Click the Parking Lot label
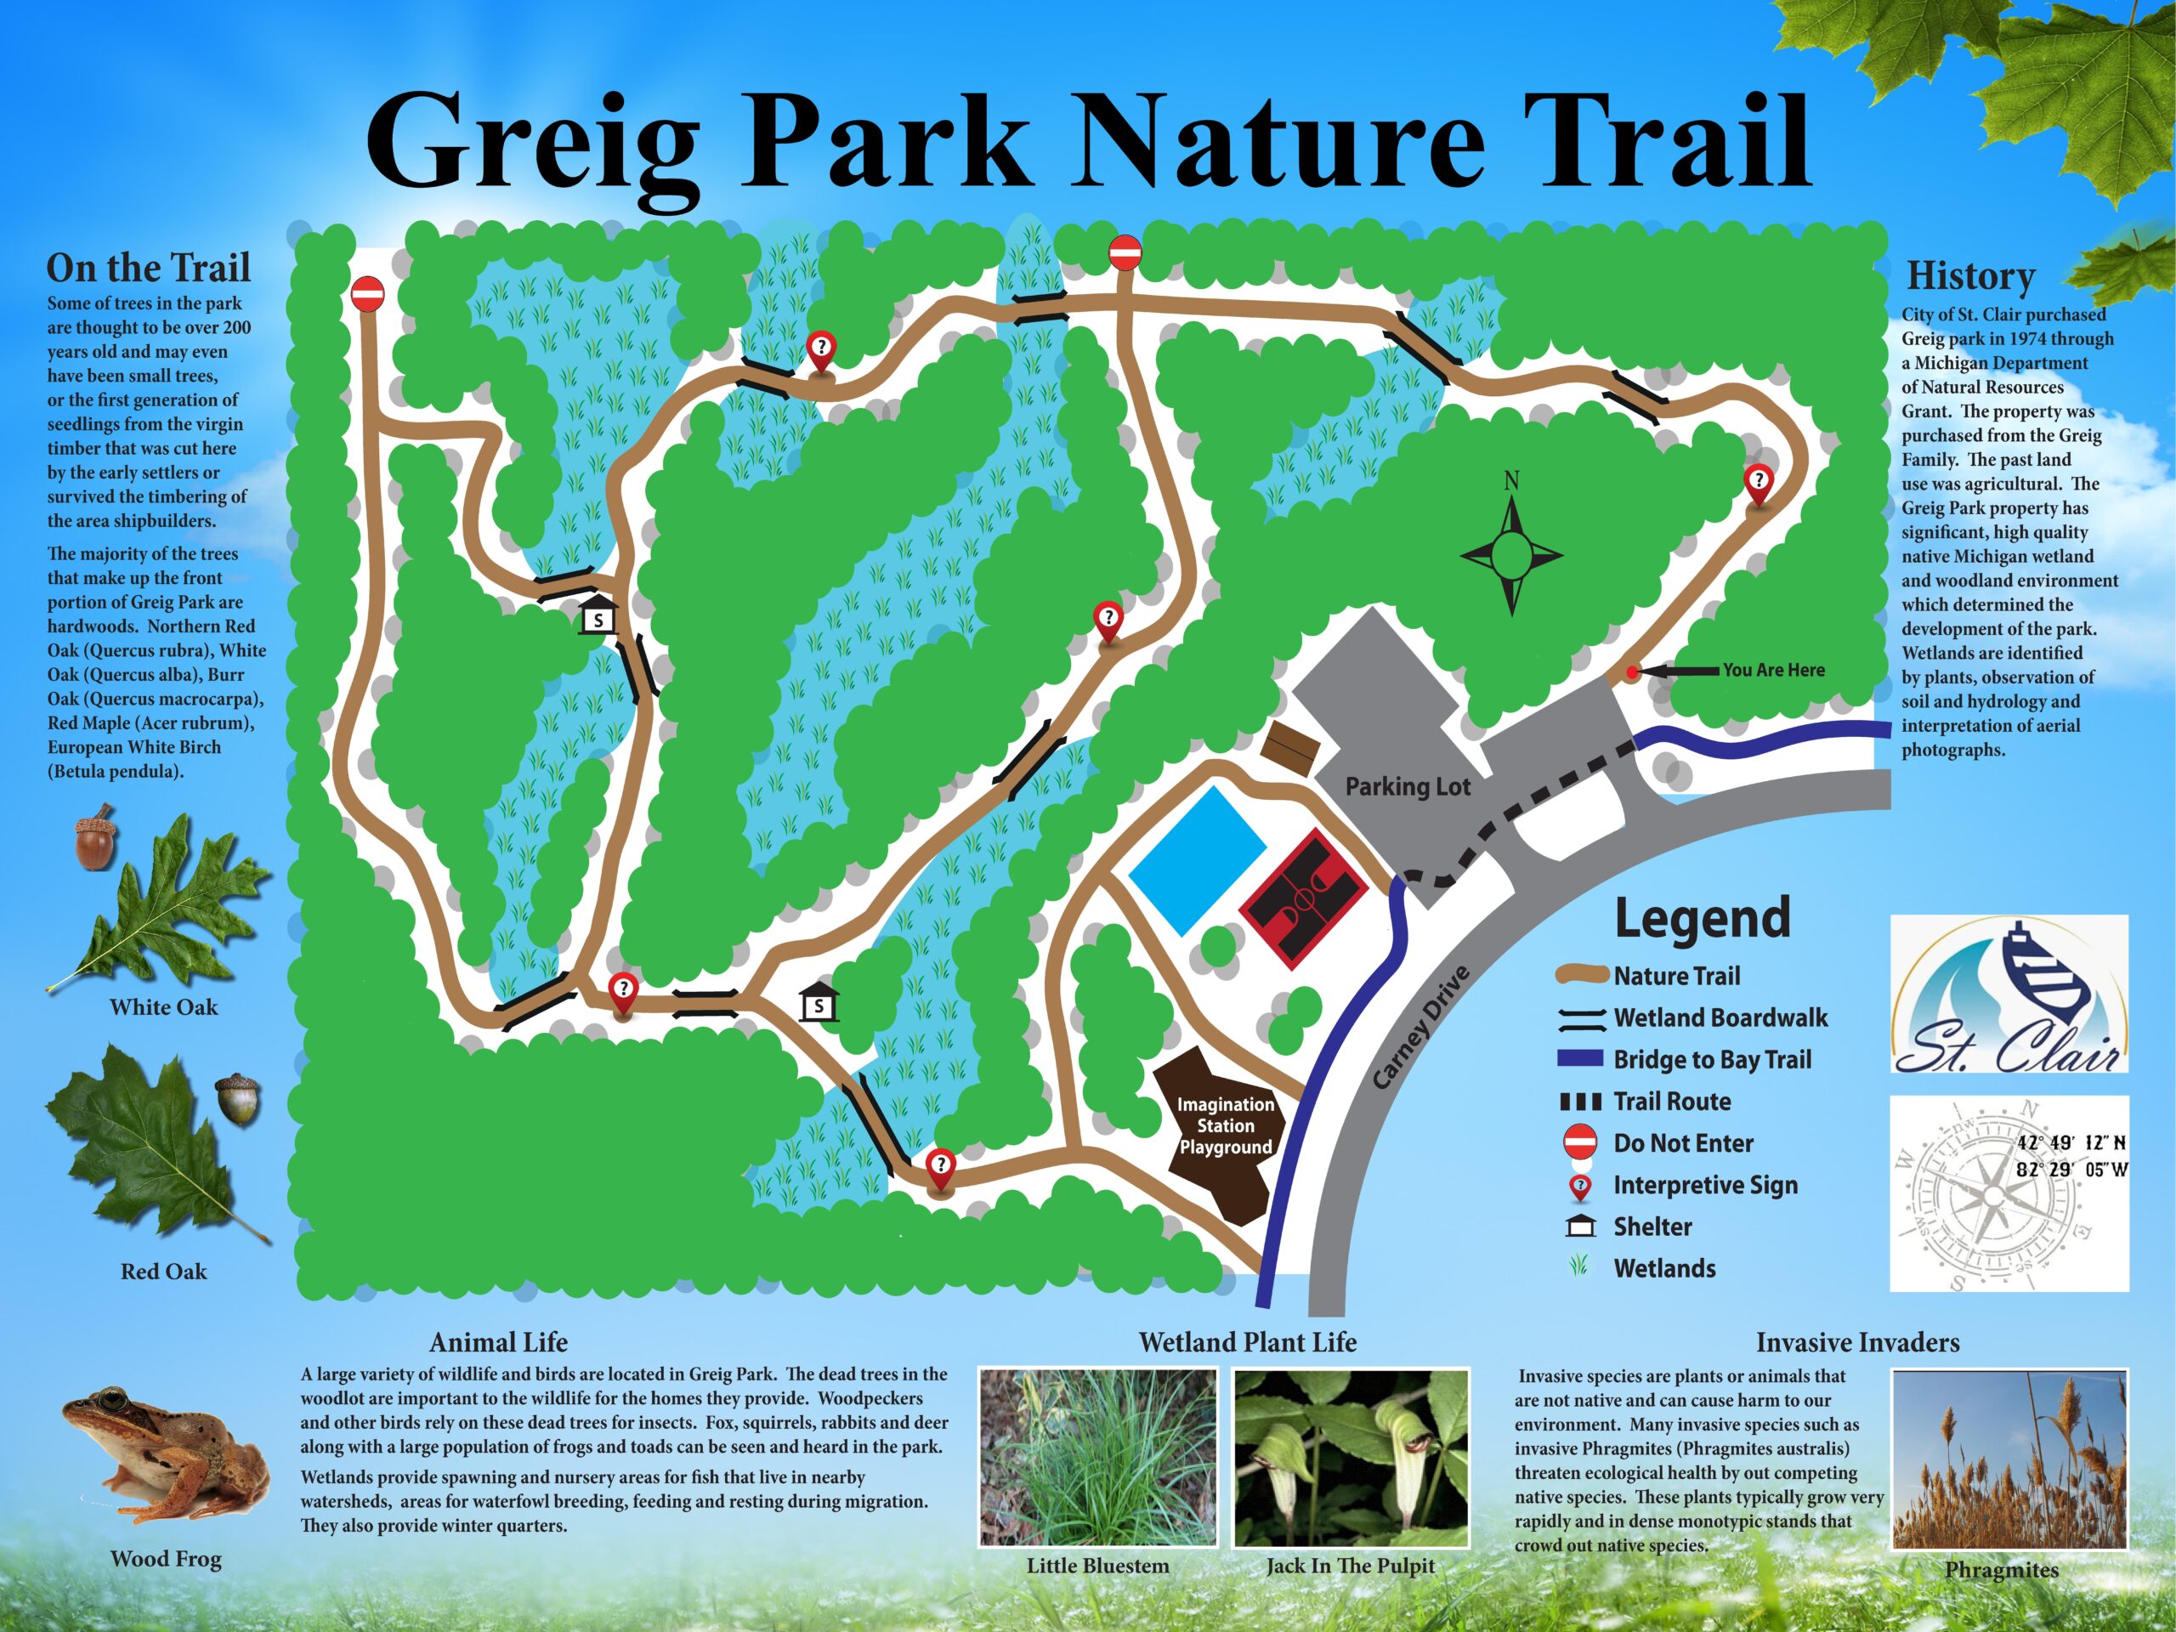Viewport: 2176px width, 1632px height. (x=1407, y=786)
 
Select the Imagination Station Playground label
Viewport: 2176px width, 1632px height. (x=1225, y=1125)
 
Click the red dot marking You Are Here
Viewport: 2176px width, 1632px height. (x=1632, y=673)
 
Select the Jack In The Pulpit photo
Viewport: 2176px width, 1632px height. (x=1351, y=1458)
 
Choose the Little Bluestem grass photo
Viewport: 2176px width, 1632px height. (x=1098, y=1458)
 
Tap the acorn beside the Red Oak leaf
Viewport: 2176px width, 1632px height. (x=238, y=1098)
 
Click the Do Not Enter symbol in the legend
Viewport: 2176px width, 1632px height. (x=1579, y=1143)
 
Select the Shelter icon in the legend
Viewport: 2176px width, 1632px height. (x=1579, y=1227)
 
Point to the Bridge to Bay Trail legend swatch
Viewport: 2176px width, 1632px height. (x=1580, y=1058)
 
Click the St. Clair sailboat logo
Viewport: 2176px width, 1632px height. (x=2009, y=994)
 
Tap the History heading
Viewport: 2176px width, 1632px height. (x=1970, y=276)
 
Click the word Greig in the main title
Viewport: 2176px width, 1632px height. (x=533, y=140)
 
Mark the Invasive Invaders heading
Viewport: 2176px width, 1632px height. (x=1857, y=1343)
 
